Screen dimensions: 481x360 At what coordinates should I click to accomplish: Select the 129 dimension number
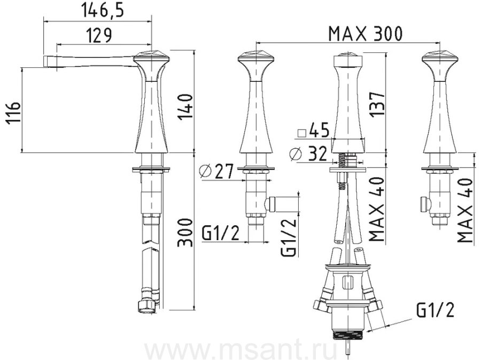(x=98, y=35)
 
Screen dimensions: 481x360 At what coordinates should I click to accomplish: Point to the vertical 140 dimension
(x=185, y=107)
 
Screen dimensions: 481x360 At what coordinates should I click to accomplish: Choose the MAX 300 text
(x=365, y=34)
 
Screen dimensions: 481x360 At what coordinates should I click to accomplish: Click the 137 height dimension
(x=377, y=104)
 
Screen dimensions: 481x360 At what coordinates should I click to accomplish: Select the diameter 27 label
(x=216, y=171)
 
